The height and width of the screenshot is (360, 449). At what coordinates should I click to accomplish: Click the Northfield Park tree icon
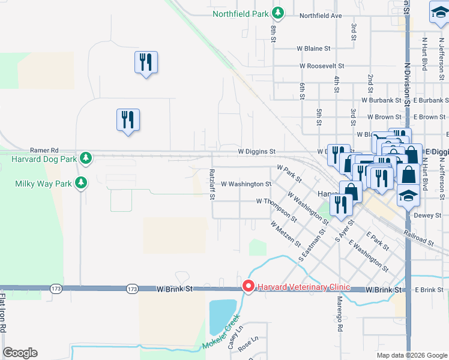pyautogui.click(x=277, y=13)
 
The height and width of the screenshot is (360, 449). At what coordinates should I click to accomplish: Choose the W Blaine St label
pyautogui.click(x=313, y=48)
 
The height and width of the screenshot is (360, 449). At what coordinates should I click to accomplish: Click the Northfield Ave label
pyautogui.click(x=320, y=16)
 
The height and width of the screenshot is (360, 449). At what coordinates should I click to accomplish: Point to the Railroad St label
pyautogui.click(x=418, y=238)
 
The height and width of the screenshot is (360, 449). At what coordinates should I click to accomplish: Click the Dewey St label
pyautogui.click(x=427, y=215)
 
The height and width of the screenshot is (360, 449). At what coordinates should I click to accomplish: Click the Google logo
pyautogui.click(x=20, y=353)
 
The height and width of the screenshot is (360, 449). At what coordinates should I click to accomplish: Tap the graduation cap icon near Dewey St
pyautogui.click(x=408, y=196)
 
